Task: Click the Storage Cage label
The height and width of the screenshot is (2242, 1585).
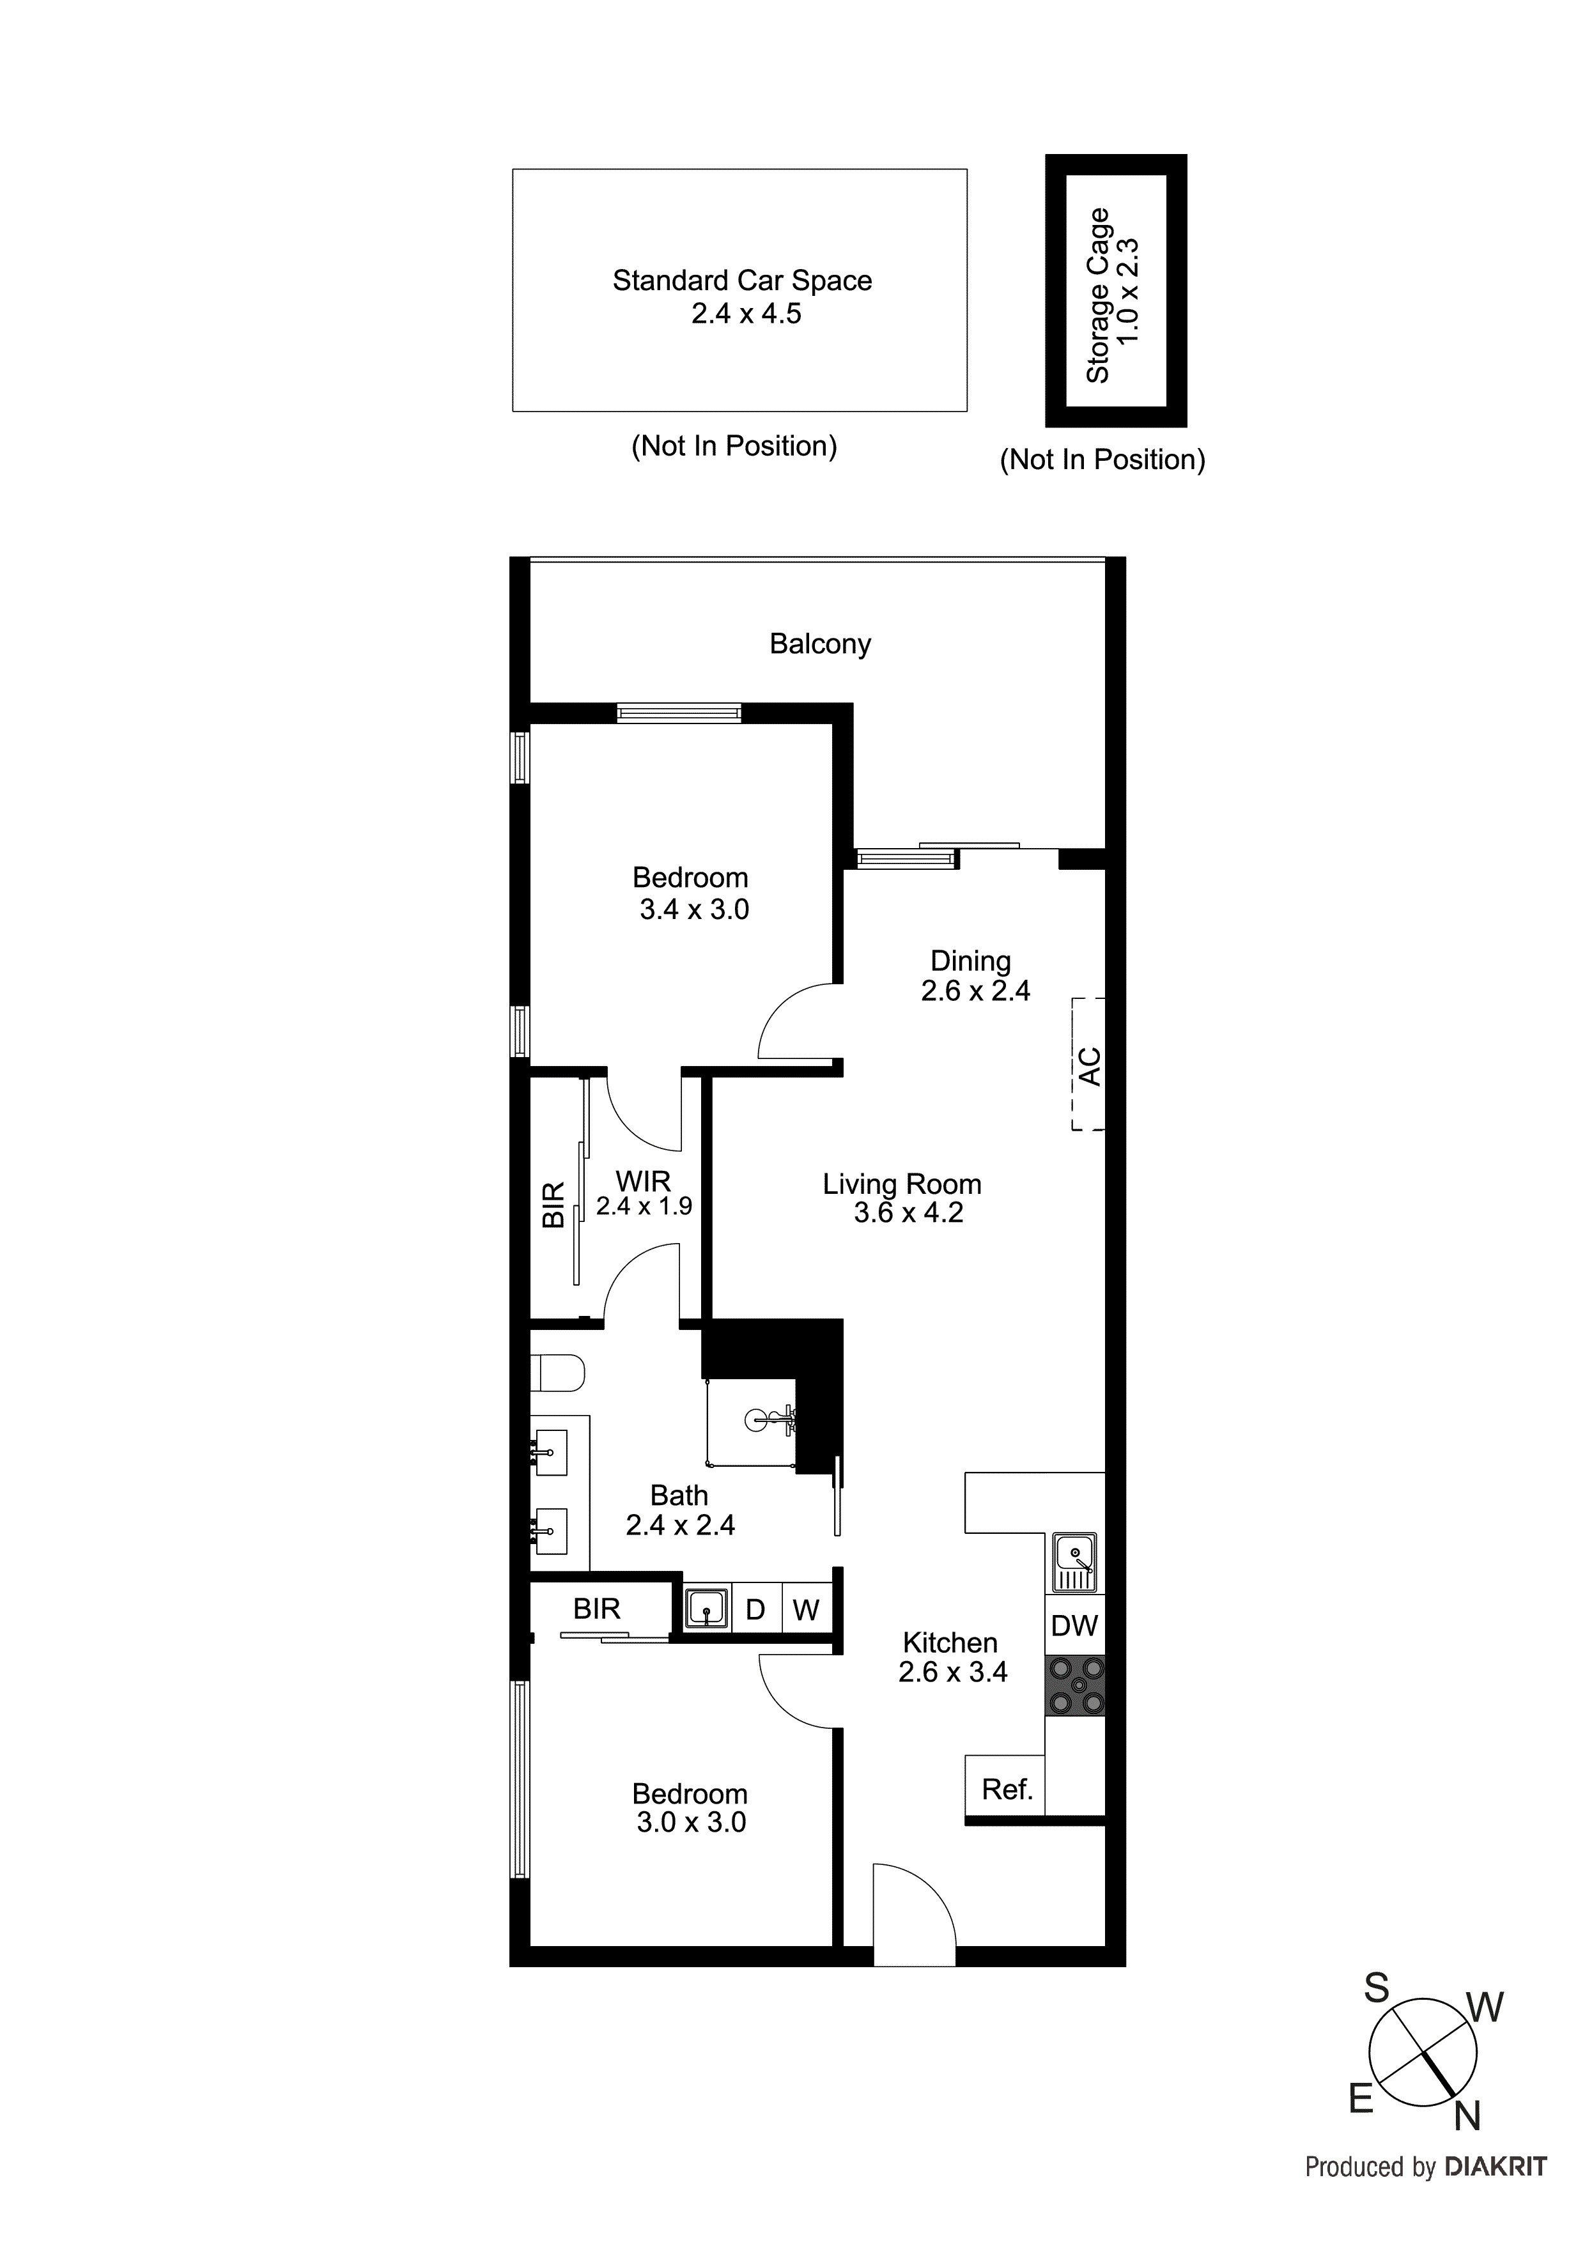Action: (x=1099, y=295)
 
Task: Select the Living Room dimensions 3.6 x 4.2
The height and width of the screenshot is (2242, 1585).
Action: (x=908, y=1213)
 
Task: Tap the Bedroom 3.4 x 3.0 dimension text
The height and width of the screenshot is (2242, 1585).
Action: (x=694, y=910)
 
